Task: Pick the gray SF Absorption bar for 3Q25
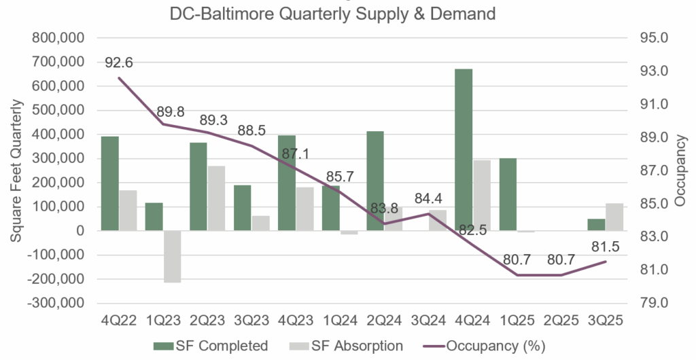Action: [x=614, y=217]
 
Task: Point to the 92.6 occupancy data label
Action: [x=118, y=62]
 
